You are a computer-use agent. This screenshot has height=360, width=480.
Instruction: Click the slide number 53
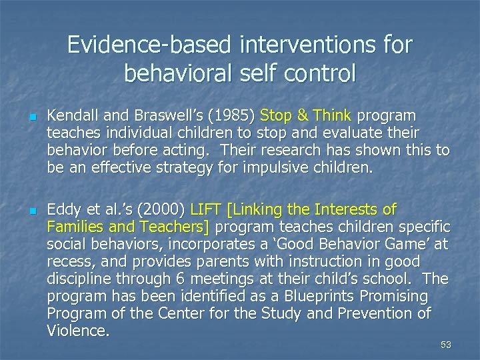pos(445,345)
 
